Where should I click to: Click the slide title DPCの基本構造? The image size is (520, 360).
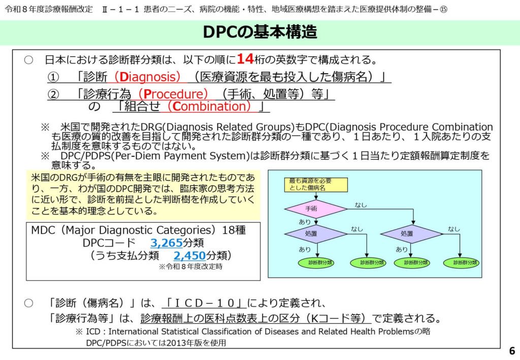click(259, 32)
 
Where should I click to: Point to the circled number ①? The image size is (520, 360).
click(53, 77)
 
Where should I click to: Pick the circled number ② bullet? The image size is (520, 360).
click(53, 94)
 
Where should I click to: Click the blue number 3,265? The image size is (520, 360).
click(166, 242)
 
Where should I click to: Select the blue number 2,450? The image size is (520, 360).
click(190, 254)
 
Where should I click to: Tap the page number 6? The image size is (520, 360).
click(511, 351)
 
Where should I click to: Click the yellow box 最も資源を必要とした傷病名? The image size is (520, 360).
click(315, 184)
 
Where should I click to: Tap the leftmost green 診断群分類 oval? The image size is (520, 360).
click(315, 263)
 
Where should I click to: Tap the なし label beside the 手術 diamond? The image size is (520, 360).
click(361, 205)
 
